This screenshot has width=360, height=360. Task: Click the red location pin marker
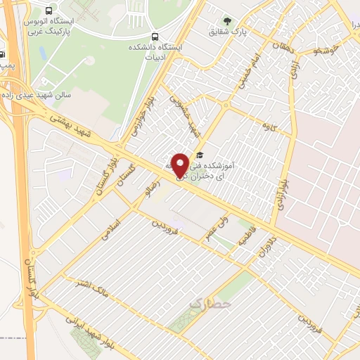click(x=181, y=166)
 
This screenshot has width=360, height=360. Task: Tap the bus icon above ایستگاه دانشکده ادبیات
click(x=155, y=36)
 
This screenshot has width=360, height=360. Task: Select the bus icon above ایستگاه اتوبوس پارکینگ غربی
click(x=48, y=11)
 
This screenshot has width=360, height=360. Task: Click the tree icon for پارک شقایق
click(x=226, y=20)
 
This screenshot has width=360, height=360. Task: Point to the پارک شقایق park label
click(x=226, y=32)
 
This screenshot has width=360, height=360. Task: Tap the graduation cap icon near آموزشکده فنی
click(x=200, y=155)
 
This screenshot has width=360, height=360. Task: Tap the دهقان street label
click(x=270, y=44)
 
